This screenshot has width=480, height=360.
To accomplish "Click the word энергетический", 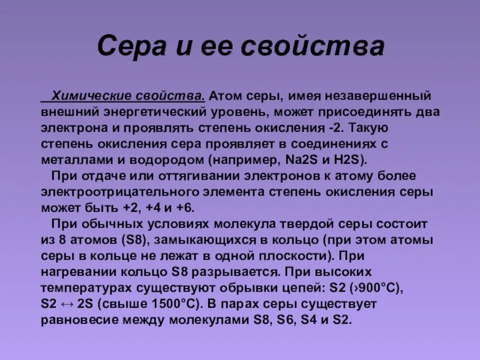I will [x=152, y=112].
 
